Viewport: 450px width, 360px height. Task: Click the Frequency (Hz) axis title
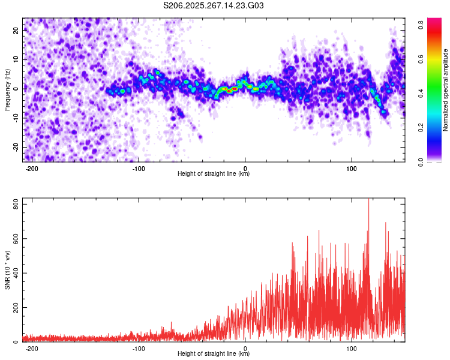8,89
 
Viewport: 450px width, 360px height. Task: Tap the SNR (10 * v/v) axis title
8,269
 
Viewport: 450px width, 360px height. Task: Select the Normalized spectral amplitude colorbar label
446,90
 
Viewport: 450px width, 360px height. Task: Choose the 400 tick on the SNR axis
14,273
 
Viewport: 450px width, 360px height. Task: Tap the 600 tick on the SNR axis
14,239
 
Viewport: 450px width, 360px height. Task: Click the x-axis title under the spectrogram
214,174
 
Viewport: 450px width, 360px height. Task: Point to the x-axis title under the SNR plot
214,354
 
